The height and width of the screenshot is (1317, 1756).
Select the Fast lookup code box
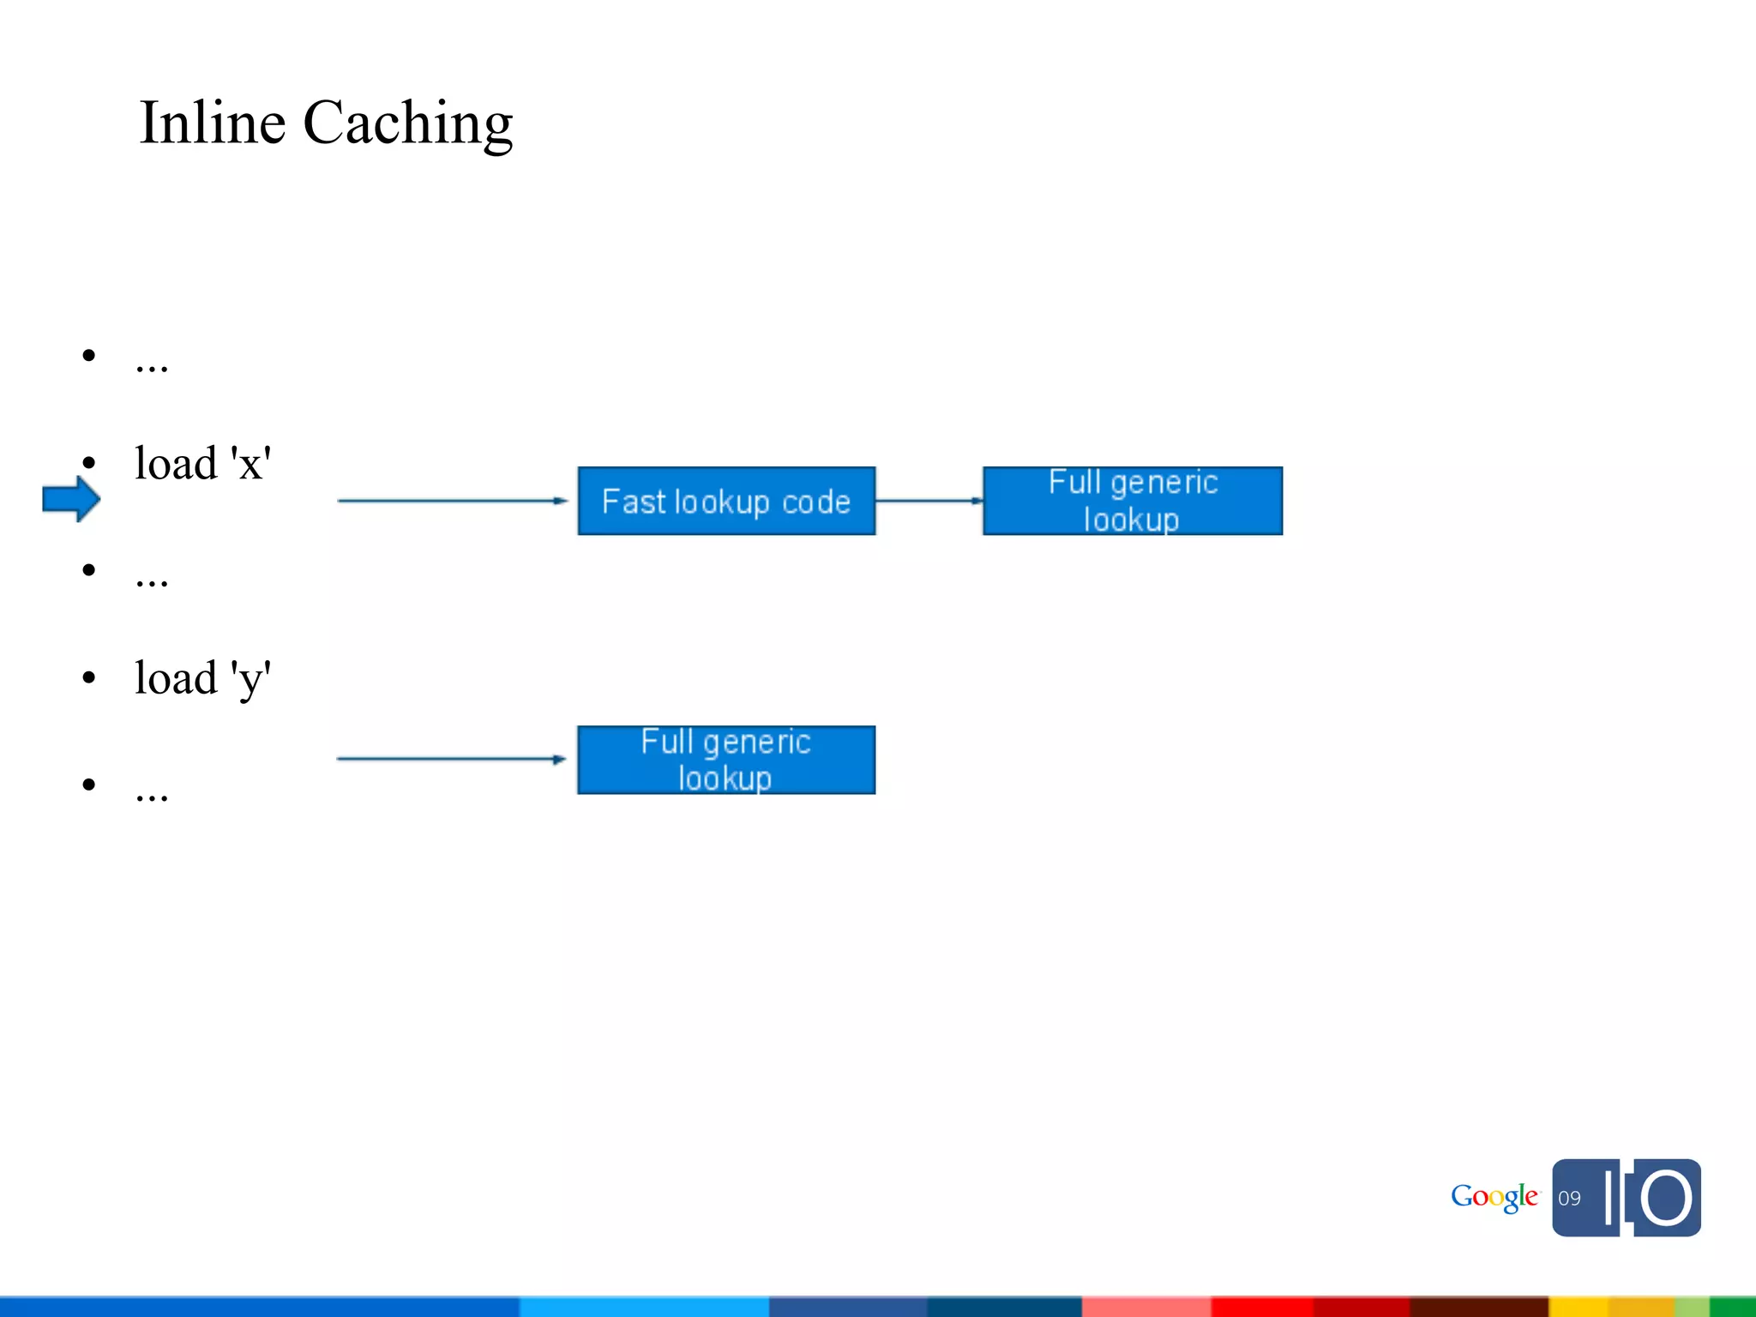[726, 501]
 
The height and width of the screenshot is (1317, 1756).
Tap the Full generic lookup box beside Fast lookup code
[1132, 501]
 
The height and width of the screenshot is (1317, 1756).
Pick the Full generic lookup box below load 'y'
[726, 760]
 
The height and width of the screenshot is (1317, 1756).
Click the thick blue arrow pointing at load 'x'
[71, 499]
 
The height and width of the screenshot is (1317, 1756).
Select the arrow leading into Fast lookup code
[452, 501]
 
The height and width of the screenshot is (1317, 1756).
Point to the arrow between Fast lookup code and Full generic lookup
[929, 501]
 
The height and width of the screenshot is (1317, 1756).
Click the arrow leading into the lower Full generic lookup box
[451, 759]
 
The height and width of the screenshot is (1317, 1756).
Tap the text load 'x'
[203, 464]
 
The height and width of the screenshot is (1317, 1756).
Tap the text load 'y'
[203, 679]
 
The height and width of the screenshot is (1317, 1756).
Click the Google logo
[1494, 1197]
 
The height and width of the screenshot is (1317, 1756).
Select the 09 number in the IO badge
[1569, 1199]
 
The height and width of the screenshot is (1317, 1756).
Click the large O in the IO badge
[1666, 1198]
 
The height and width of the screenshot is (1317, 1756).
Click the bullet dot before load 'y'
[89, 678]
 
